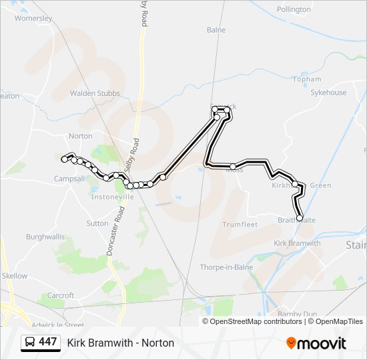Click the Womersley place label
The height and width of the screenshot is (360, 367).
tap(33, 19)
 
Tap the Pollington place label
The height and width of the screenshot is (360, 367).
tap(294, 9)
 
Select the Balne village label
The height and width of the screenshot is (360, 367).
tap(216, 30)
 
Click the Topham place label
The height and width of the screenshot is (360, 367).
tap(306, 79)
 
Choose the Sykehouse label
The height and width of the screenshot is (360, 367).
tap(328, 93)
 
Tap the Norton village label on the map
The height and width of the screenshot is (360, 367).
tap(81, 136)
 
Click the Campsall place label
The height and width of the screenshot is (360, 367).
tap(69, 179)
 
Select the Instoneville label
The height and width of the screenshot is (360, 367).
tap(113, 197)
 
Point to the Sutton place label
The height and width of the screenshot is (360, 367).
tap(97, 223)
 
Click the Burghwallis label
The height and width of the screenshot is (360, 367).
tap(45, 237)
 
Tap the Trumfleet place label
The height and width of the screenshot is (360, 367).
tap(240, 225)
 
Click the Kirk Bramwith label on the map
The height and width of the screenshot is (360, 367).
tap(298, 243)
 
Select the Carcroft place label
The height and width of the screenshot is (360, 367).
tap(61, 295)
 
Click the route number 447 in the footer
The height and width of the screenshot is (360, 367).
tap(47, 342)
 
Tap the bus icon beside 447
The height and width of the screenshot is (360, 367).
tap(30, 342)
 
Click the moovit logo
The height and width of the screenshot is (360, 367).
tap(316, 343)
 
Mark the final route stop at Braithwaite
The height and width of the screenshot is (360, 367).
tap(299, 218)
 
